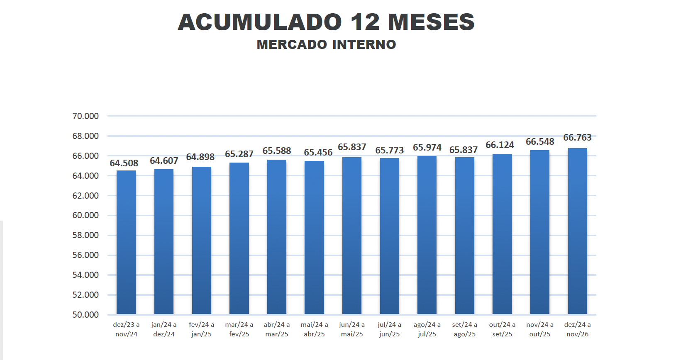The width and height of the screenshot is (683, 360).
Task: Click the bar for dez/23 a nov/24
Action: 126,242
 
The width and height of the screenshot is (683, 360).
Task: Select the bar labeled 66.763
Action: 577,231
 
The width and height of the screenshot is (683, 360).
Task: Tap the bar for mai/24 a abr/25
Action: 314,237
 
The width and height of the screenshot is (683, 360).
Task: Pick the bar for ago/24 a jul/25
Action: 427,235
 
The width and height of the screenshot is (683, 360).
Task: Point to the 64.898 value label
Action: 200,157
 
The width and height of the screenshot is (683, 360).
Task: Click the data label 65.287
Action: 239,154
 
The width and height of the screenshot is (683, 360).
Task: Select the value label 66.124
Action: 500,145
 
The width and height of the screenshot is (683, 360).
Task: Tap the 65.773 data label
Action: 389,150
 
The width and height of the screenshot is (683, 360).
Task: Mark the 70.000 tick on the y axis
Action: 85,116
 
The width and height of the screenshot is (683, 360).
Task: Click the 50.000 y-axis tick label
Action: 85,315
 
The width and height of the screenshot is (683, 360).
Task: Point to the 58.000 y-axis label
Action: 85,235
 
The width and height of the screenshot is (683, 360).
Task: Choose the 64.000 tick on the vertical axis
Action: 85,176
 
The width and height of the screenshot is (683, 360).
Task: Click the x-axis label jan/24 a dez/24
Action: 164,329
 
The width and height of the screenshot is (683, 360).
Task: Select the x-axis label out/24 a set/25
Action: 502,329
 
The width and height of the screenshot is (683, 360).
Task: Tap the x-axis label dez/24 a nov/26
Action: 577,329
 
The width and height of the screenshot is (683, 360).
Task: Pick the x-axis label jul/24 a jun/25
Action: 389,329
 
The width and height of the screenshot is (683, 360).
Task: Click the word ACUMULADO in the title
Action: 260,22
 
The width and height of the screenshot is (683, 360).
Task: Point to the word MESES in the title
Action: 431,22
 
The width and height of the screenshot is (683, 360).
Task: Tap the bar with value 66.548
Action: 539,232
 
